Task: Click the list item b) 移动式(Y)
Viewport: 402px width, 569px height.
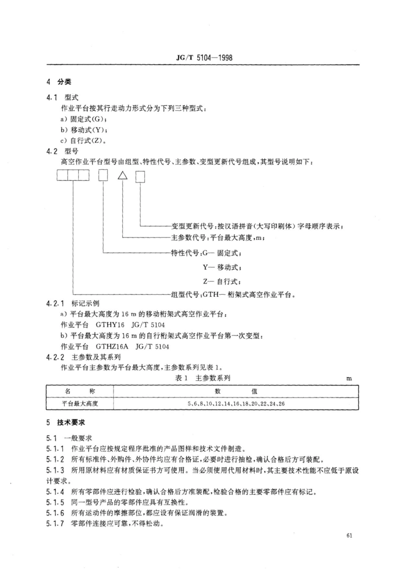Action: pos(83,130)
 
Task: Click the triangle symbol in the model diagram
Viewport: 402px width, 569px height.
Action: pos(122,175)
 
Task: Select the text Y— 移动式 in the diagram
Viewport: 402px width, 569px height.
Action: pos(222,267)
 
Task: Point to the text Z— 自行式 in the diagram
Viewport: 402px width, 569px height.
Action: pos(222,281)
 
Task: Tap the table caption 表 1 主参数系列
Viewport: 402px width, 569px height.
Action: pos(203,378)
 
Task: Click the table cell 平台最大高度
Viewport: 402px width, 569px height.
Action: pos(80,403)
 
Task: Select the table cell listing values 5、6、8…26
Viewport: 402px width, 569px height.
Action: pos(236,403)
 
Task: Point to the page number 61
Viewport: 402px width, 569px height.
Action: pos(349,536)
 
